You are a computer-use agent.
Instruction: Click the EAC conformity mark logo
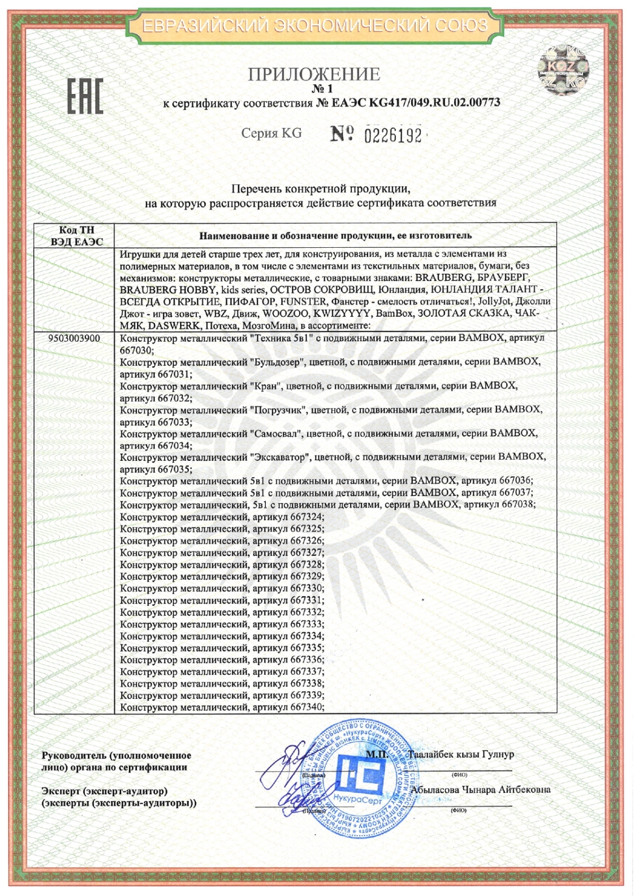point(85,97)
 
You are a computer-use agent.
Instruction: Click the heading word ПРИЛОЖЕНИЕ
point(314,74)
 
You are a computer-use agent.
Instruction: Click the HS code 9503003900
point(74,339)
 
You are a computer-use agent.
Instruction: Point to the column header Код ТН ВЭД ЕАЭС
point(76,236)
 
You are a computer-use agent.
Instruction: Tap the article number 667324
point(307,517)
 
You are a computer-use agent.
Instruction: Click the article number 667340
point(307,707)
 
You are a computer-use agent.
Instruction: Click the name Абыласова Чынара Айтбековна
point(481,790)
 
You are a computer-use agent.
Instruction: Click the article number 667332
point(307,612)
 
